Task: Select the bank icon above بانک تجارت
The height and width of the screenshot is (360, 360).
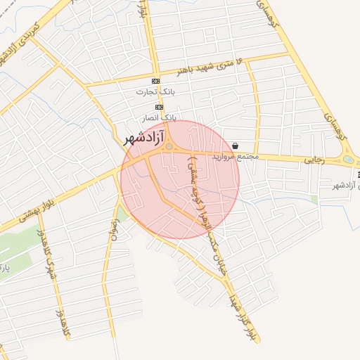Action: tap(155, 80)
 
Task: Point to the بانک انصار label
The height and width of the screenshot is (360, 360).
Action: tap(160, 118)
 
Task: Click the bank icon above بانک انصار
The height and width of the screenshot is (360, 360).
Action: tap(159, 106)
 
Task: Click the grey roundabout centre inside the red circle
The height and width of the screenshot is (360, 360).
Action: tap(169, 147)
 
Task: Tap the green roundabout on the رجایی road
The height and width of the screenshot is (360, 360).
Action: tap(348, 160)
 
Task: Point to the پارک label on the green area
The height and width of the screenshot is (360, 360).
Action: tap(5, 270)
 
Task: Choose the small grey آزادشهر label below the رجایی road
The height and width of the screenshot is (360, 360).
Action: tap(345, 185)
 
